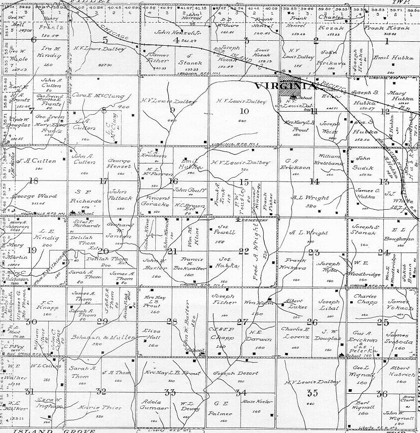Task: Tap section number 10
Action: click(244, 111)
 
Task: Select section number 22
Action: click(244, 251)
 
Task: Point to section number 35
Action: click(312, 393)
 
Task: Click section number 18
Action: click(34, 181)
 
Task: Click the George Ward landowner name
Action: click(28, 196)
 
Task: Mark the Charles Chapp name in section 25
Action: click(365, 300)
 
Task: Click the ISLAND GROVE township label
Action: click(55, 430)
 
